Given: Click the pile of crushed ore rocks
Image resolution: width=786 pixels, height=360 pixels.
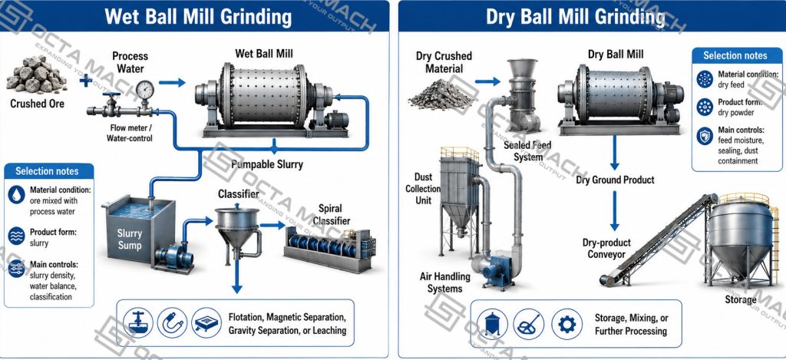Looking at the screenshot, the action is (36, 74).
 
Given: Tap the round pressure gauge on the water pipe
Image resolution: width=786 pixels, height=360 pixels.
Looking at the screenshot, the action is (145, 90).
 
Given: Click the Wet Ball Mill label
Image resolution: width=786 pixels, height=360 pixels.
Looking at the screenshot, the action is (264, 53).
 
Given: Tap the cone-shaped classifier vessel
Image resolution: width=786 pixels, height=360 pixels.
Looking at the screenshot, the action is (238, 226).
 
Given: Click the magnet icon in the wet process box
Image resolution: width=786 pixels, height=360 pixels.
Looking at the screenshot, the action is (172, 322).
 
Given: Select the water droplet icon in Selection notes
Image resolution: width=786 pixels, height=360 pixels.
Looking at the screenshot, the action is (17, 195).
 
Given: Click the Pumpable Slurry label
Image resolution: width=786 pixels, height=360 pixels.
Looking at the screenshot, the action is (266, 164).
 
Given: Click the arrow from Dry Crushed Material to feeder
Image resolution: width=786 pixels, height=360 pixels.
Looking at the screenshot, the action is (487, 81).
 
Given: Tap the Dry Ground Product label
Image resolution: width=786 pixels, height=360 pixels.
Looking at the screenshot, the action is (615, 180).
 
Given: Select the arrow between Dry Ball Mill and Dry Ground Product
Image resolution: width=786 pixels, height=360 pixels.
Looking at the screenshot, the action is (615, 153).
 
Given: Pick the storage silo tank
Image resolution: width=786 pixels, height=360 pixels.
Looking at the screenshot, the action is (741, 241).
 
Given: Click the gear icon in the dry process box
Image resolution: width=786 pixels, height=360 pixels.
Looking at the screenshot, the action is (567, 324).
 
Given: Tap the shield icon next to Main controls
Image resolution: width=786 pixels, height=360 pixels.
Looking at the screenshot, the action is (705, 135).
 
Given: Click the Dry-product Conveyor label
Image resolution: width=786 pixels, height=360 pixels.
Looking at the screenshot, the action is (606, 249).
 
